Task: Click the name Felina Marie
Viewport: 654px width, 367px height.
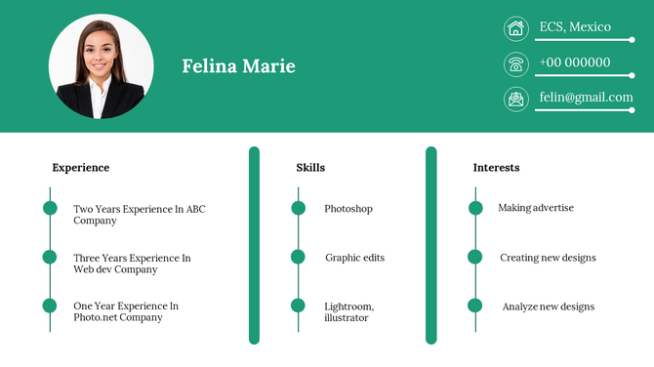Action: point(238,66)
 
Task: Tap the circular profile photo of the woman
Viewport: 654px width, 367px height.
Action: point(101,66)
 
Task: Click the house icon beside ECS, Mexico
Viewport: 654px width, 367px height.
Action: point(515,28)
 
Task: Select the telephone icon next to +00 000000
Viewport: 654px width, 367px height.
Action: point(515,64)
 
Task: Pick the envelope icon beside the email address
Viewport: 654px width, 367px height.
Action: point(515,99)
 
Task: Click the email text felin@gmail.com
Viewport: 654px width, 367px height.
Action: point(586,98)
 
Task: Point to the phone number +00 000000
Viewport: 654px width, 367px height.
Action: point(575,62)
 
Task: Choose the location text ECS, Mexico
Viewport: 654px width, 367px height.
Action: point(575,26)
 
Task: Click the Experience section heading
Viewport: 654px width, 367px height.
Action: point(81,168)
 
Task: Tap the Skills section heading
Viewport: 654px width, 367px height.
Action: point(310,168)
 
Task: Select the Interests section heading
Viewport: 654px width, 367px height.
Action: point(496,168)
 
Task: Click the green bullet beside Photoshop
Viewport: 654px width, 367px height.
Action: point(299,208)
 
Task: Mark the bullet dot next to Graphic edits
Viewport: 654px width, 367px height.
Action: point(299,257)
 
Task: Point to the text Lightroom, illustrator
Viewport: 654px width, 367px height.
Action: point(348,312)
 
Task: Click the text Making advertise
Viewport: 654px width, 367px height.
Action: point(536,208)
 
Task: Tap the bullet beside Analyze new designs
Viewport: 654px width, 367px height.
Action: point(475,306)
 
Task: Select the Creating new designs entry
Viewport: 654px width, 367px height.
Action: point(548,258)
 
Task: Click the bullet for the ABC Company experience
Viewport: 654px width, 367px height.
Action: point(50,208)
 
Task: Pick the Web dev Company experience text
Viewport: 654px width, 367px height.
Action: point(132,264)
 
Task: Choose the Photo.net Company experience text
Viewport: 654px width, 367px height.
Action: point(126,311)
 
